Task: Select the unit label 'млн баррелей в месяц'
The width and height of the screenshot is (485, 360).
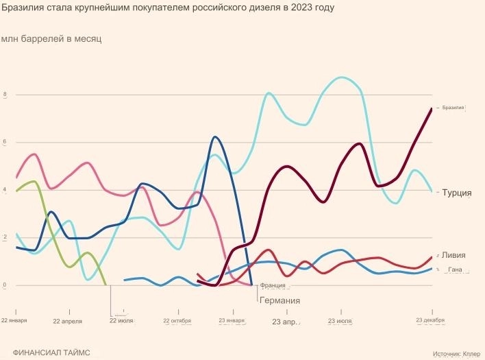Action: pos(51,39)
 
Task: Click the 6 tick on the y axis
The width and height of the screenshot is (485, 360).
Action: pos(6,143)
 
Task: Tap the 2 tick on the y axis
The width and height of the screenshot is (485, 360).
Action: pos(6,238)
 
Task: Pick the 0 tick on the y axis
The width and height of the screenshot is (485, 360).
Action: pos(6,285)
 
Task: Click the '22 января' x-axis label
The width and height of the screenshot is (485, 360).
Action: pos(14,321)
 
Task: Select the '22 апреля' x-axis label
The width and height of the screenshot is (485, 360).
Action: pos(67,321)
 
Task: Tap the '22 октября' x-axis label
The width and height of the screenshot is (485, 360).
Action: pos(177,321)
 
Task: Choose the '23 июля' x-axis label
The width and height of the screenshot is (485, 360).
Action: pos(340,321)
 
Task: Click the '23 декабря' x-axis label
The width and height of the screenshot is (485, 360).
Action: pos(431,320)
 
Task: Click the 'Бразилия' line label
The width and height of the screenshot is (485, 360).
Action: pos(453,108)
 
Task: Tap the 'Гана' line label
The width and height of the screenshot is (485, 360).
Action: pos(455,271)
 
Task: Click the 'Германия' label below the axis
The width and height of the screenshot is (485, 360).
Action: pos(279,300)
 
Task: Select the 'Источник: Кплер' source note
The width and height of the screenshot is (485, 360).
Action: pos(456,354)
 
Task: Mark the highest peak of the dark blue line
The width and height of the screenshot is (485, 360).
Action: pos(215,137)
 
